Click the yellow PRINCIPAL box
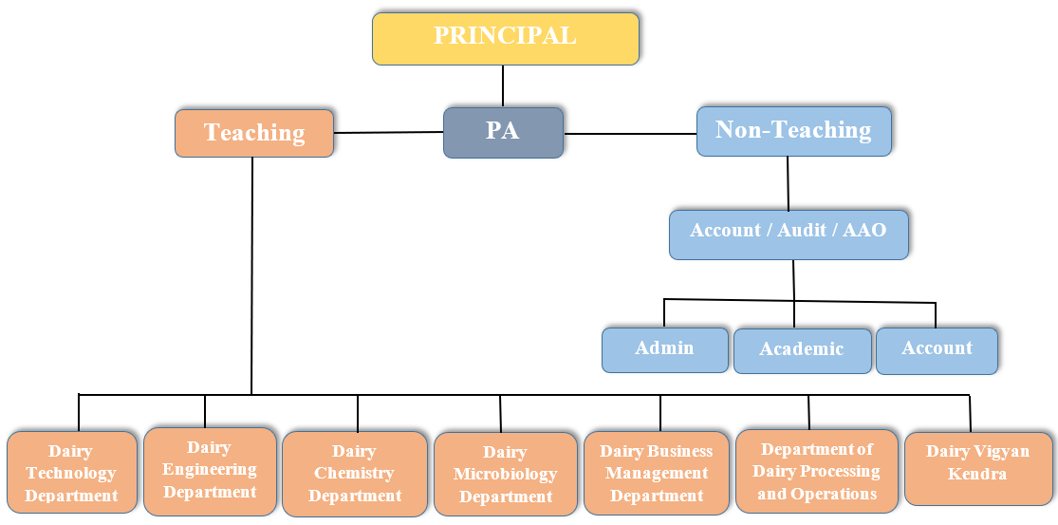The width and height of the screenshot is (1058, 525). coord(505,38)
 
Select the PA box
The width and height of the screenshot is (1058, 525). coord(503,132)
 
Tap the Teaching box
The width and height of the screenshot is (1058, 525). coord(254,133)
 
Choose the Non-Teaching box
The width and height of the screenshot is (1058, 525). coord(793,131)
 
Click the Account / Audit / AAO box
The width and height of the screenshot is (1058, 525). coord(788,234)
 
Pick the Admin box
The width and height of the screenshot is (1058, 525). coord(664,349)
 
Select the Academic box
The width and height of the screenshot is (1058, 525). coord(802,350)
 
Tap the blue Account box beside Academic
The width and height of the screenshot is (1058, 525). coord(937,349)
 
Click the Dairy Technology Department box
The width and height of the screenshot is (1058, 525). coord(71,473)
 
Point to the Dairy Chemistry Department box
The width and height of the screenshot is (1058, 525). coord(355,474)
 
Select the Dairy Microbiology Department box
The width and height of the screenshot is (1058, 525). coord(505,475)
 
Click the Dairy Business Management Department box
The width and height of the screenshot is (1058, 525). coord(657,474)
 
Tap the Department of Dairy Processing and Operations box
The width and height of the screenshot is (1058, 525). coord(816,472)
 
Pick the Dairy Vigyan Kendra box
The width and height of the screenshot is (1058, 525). coord(977,467)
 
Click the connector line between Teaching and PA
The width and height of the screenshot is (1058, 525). coord(388,133)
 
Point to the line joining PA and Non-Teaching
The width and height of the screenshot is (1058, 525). coord(630,134)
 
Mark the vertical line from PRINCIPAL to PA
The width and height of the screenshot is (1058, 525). coord(503,85)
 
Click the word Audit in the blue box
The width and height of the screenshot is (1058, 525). coord(802,231)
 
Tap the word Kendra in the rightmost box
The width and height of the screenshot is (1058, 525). coord(977,474)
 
